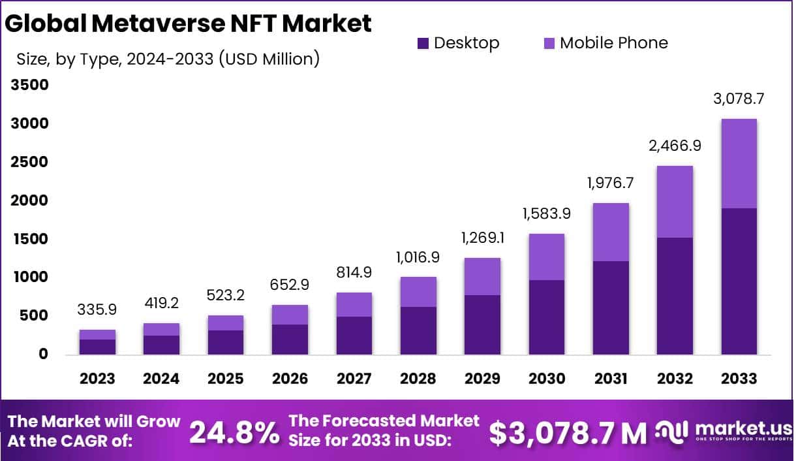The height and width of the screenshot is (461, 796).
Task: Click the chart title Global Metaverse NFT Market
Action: point(189,24)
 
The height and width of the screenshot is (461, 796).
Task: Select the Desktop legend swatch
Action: point(423,44)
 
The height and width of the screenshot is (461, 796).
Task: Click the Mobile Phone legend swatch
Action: point(549,44)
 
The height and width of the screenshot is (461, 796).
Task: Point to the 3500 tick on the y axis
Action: point(29,85)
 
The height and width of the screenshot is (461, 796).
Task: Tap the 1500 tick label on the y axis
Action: point(29,239)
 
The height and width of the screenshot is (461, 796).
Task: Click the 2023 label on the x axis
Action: point(97,379)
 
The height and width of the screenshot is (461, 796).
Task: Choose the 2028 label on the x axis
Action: point(418,379)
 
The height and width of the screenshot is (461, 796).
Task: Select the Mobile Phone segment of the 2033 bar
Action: point(739,163)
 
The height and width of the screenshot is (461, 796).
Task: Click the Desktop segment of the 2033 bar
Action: point(739,281)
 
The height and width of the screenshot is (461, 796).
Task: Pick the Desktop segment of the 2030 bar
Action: point(546,317)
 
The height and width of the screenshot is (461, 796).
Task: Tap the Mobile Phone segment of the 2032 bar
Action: point(675,202)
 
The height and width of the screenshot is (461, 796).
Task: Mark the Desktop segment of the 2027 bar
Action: point(354,336)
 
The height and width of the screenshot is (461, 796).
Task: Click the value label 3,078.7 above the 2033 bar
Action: point(739,99)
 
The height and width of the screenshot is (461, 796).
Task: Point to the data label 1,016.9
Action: point(418,257)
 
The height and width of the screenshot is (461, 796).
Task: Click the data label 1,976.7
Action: point(610,183)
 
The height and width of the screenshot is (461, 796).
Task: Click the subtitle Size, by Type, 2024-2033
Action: point(168,59)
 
